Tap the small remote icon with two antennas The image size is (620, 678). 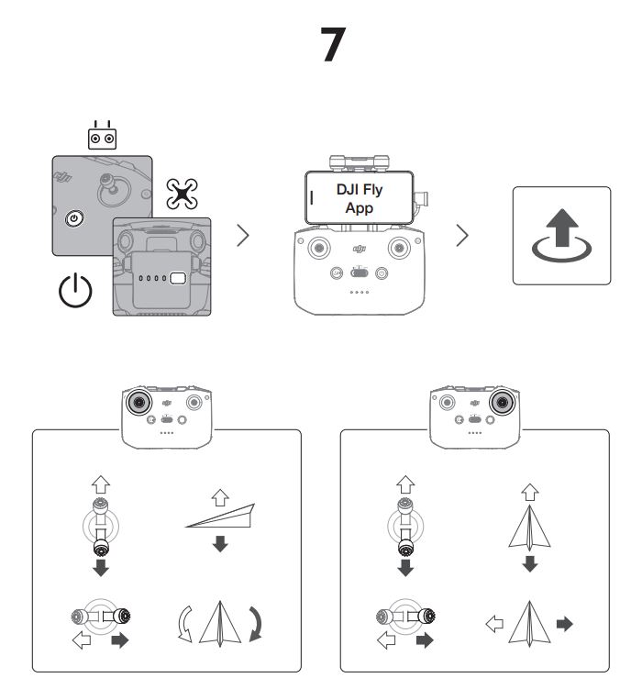pyautogui.click(x=103, y=135)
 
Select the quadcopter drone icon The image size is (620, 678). pyautogui.click(x=181, y=194)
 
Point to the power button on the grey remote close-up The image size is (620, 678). pyautogui.click(x=74, y=218)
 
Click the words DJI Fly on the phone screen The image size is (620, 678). pyautogui.click(x=360, y=191)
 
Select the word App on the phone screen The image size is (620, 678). pyautogui.click(x=360, y=207)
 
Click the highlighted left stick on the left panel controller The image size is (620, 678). pyautogui.click(x=138, y=402)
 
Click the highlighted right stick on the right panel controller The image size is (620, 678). pyautogui.click(x=501, y=402)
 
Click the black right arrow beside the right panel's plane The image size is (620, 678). pyautogui.click(x=564, y=624)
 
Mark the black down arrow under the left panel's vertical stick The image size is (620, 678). pyautogui.click(x=100, y=569)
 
